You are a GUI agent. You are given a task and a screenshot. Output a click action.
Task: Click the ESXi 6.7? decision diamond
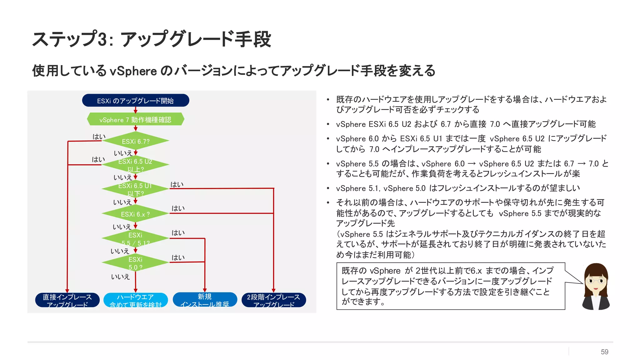point(135,141)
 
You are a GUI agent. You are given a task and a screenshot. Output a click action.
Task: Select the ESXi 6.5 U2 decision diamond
point(135,165)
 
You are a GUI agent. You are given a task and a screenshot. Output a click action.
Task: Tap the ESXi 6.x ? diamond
point(135,214)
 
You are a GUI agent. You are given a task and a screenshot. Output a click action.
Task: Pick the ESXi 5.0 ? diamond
point(135,263)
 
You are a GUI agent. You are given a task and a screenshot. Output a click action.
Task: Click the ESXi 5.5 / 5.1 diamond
point(135,238)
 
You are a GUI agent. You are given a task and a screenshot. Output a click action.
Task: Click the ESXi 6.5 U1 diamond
point(135,189)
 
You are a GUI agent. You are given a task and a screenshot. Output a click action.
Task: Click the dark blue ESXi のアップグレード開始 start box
point(135,101)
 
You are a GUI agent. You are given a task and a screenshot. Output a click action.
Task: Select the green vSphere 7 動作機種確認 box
point(135,120)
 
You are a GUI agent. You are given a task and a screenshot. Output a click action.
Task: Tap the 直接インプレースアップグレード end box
point(67,300)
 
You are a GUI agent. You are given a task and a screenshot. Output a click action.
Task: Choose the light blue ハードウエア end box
point(135,300)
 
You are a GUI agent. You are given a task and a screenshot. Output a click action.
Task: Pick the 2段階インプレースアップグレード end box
point(273,300)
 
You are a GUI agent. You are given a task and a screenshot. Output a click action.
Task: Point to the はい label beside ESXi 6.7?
point(99,137)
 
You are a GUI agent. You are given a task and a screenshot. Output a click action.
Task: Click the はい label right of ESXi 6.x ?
point(178,208)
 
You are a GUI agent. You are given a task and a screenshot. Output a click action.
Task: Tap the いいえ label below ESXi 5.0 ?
point(120,277)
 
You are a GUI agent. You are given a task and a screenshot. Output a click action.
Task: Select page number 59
point(604,352)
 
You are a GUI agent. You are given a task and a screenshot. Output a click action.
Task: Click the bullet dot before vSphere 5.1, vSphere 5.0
point(328,188)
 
